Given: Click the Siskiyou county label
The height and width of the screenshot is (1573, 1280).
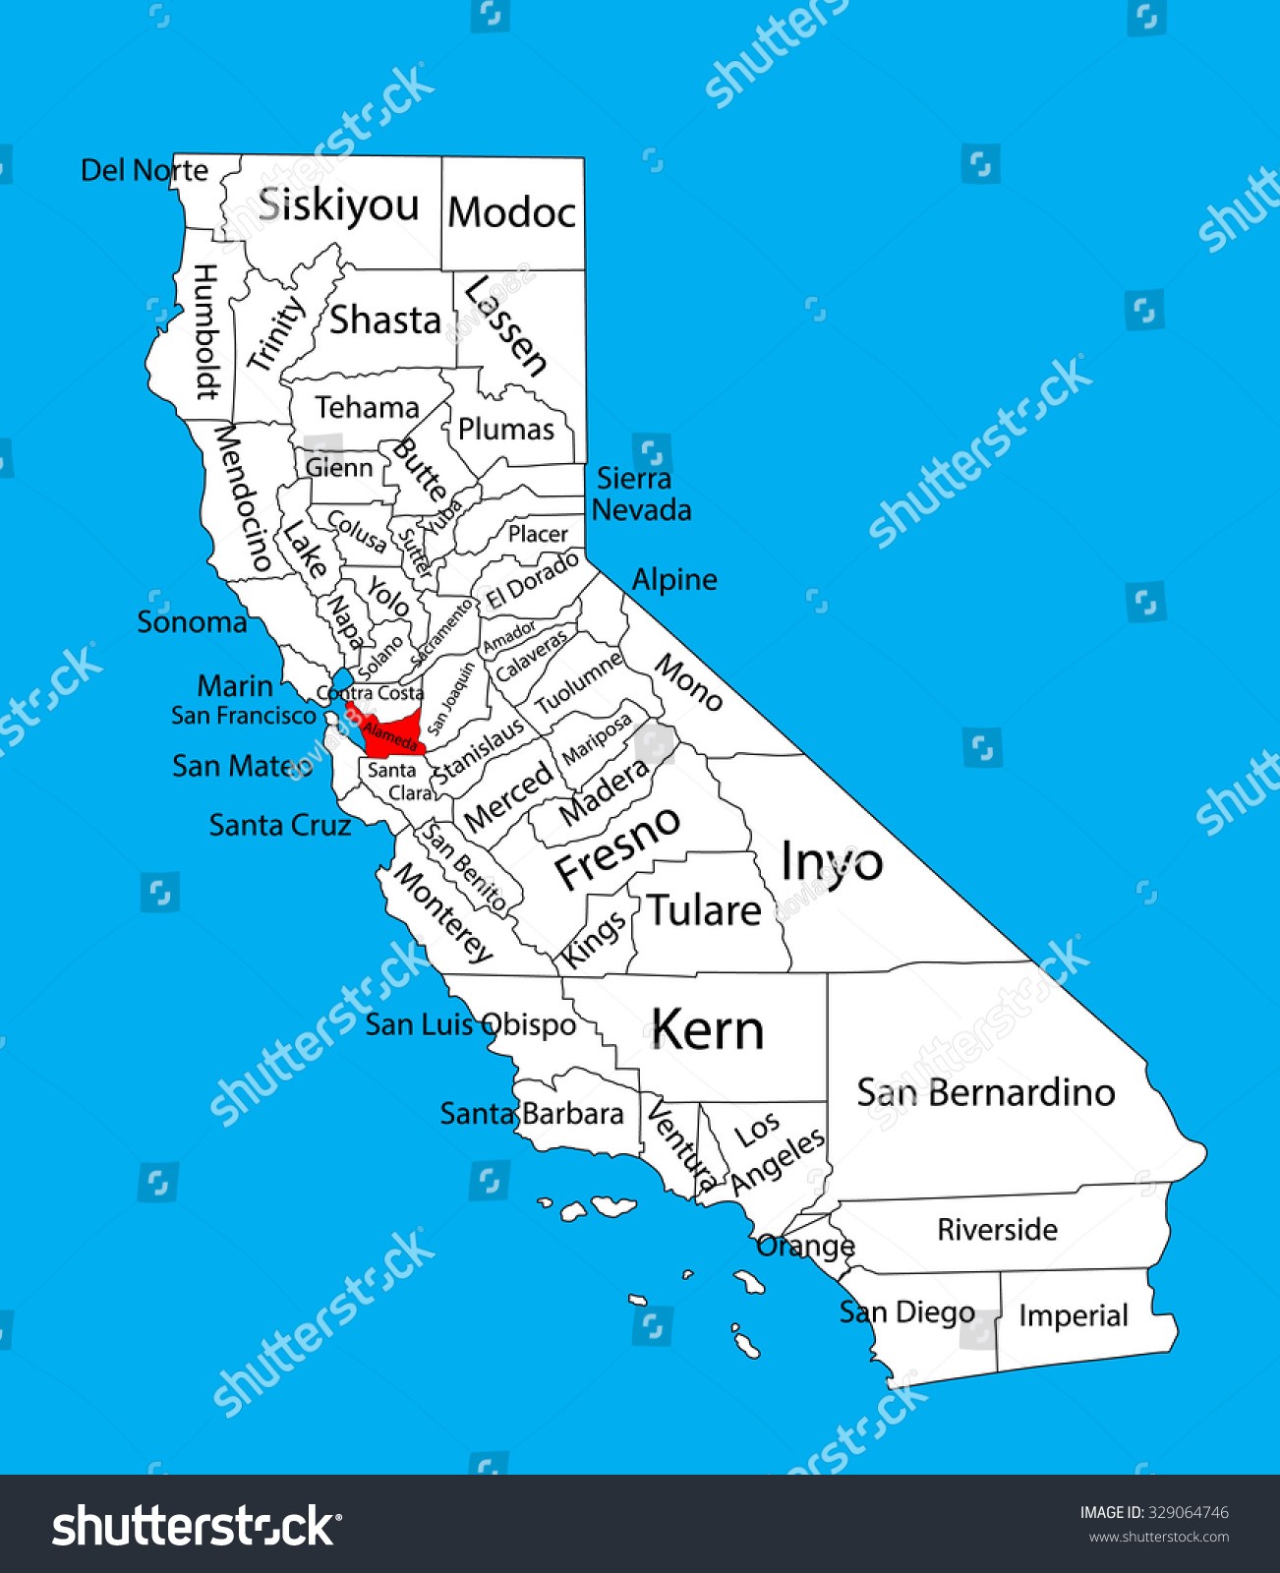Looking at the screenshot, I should click(338, 205).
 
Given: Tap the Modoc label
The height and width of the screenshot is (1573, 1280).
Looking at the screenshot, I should click(511, 212).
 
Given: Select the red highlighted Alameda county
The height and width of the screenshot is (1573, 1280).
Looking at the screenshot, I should click(391, 732).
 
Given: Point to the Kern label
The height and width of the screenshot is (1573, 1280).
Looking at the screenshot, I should click(707, 1030).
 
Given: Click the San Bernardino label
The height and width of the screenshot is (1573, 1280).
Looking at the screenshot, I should click(985, 1092).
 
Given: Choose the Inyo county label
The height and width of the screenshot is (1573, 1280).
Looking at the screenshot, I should click(832, 863).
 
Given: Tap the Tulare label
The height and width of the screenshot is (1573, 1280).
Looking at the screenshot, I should click(704, 910).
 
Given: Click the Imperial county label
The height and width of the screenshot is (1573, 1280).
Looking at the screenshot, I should click(1073, 1315).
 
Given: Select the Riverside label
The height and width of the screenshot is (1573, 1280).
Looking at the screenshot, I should click(997, 1230).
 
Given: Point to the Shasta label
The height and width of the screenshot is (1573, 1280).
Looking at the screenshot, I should click(384, 320).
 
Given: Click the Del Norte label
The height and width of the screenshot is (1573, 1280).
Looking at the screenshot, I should click(145, 170).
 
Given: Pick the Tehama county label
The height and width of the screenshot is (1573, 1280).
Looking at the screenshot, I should click(367, 407).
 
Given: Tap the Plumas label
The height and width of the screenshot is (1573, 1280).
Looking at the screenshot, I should click(506, 429).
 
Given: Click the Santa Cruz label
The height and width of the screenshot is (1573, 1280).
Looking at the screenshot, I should click(280, 825).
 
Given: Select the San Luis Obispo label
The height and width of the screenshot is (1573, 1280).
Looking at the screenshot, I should click(470, 1024).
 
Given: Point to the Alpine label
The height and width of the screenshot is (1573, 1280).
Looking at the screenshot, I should click(674, 579).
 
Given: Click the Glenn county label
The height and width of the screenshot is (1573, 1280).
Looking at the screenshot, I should click(339, 467).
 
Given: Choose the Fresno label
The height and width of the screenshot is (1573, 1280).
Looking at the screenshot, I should click(617, 847).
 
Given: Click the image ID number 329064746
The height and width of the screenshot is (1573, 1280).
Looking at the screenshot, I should click(1188, 1512).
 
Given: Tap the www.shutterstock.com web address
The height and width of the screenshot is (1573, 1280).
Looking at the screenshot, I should click(1158, 1537).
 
